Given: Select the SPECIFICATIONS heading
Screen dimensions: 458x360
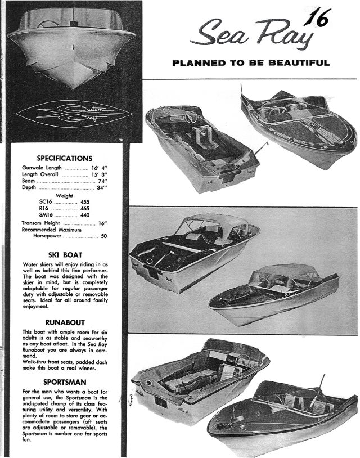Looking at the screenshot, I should (x=65, y=159).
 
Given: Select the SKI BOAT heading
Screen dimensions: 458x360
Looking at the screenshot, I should (x=65, y=254).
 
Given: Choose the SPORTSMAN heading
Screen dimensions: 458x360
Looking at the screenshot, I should (x=65, y=381).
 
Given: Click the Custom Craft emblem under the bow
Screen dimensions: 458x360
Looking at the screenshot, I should (x=73, y=113).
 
